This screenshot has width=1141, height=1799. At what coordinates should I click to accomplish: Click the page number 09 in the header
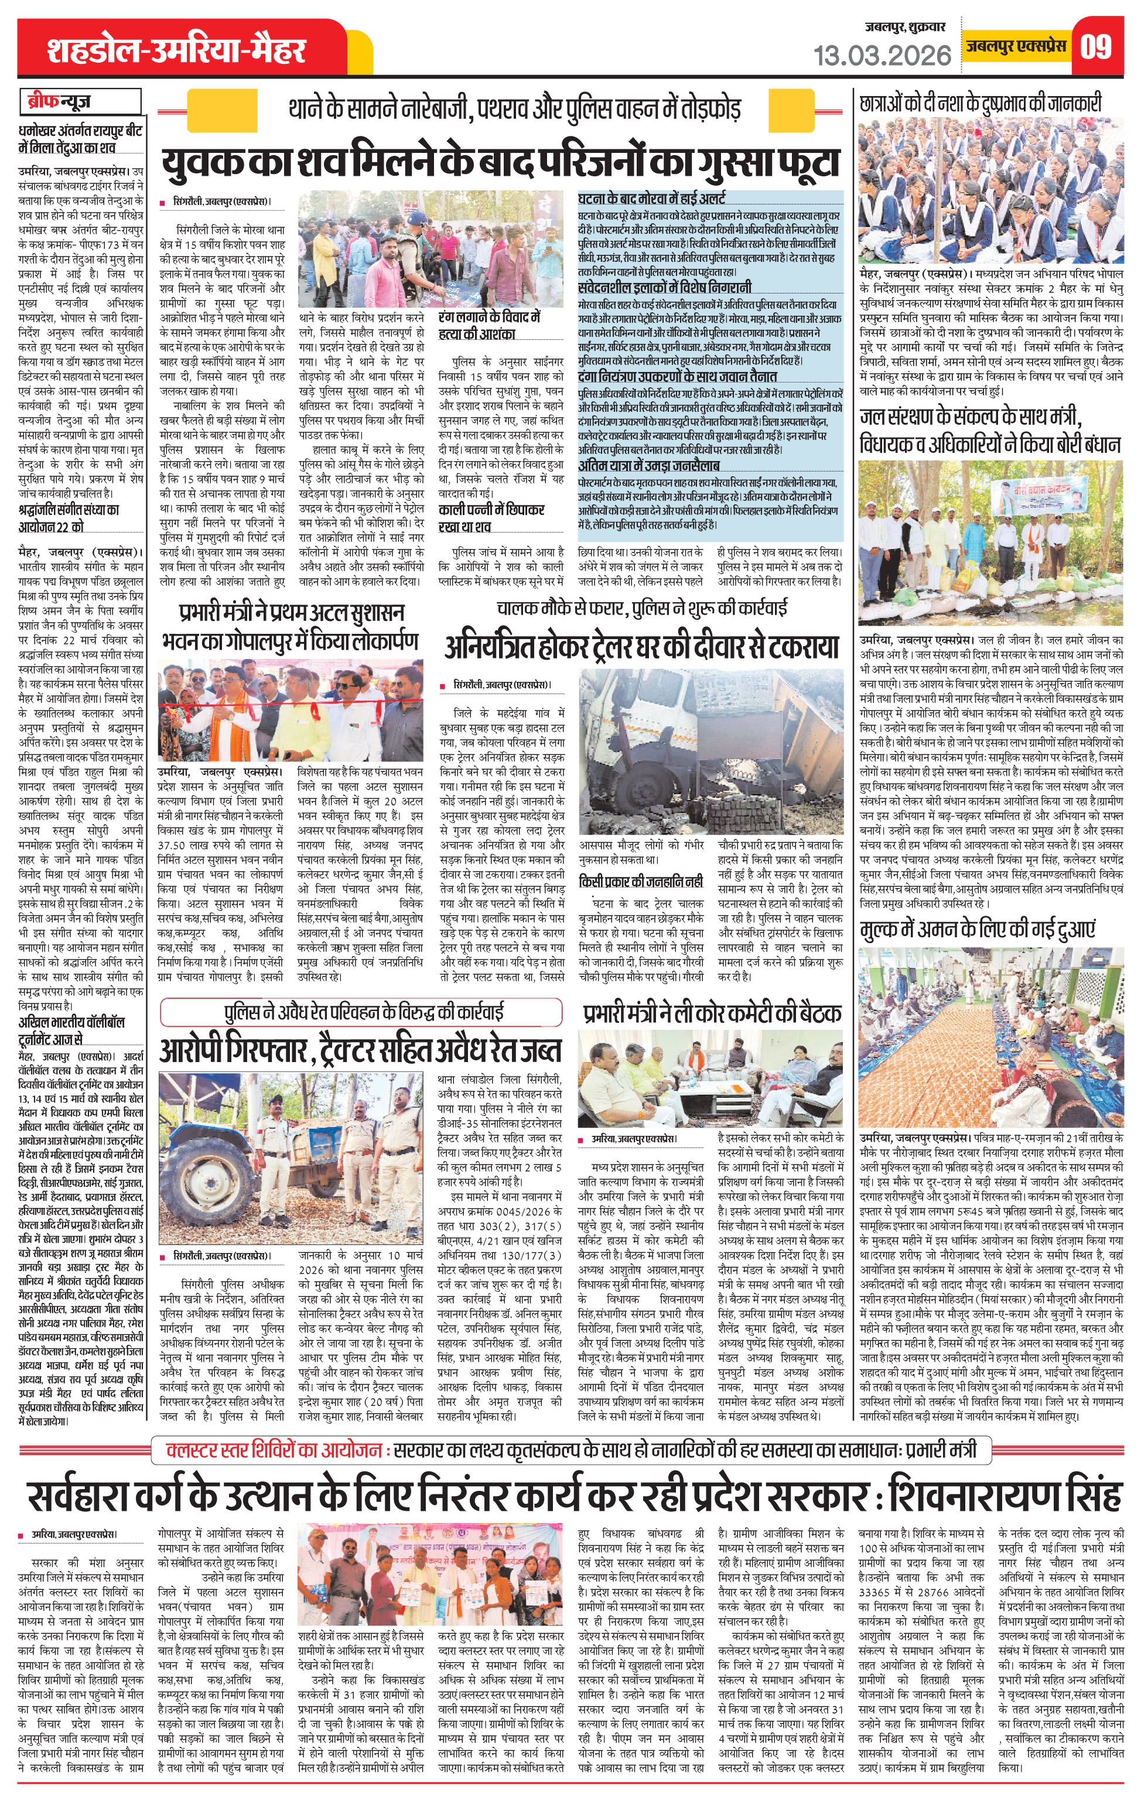(x=1095, y=46)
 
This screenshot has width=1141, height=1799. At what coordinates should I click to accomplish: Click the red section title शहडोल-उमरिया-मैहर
(x=176, y=50)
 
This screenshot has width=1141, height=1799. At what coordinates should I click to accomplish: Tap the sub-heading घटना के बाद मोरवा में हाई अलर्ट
(x=651, y=199)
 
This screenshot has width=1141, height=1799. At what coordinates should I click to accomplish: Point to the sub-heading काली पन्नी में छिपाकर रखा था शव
(x=491, y=518)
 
